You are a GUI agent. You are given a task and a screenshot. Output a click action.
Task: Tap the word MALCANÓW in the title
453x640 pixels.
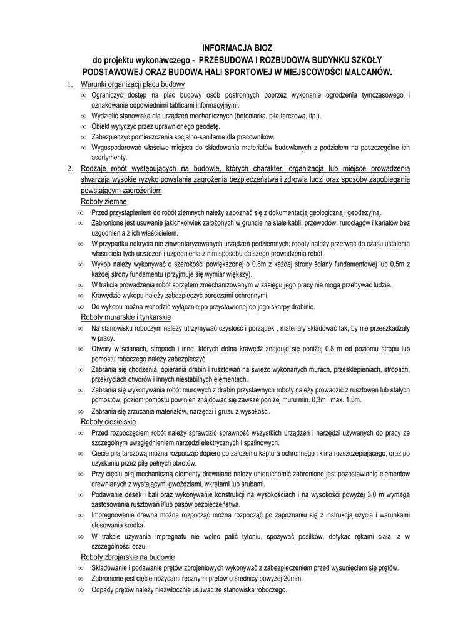(365, 72)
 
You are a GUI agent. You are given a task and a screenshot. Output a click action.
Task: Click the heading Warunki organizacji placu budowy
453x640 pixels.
(133, 84)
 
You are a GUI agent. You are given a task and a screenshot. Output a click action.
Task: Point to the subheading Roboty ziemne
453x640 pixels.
(104, 202)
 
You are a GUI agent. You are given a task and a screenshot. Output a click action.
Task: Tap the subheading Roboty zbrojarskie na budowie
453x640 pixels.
(128, 557)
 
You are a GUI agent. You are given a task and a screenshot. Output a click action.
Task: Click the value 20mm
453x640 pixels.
(292, 579)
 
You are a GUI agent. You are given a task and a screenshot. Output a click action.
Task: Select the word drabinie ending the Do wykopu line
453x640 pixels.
(301, 307)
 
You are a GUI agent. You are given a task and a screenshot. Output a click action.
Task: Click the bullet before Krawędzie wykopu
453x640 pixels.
(82, 296)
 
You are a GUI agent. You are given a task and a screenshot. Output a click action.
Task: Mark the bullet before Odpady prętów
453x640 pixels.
(82, 590)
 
